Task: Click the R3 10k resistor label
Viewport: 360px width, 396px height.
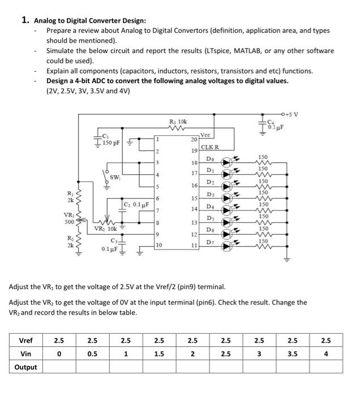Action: [x=178, y=122]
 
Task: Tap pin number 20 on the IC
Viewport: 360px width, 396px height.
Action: [x=194, y=140]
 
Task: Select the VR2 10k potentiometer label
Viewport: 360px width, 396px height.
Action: [x=105, y=229]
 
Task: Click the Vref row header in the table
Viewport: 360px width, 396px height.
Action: [x=26, y=341]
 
